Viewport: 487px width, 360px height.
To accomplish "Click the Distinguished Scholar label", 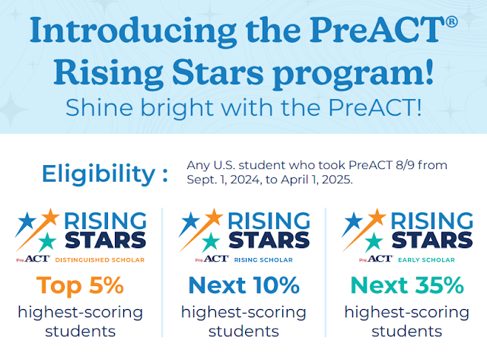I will (x=97, y=259).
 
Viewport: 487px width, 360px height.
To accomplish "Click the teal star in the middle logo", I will (x=208, y=242).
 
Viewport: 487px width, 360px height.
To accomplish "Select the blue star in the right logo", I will (x=352, y=225).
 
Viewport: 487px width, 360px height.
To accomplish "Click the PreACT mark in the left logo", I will (x=34, y=259).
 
